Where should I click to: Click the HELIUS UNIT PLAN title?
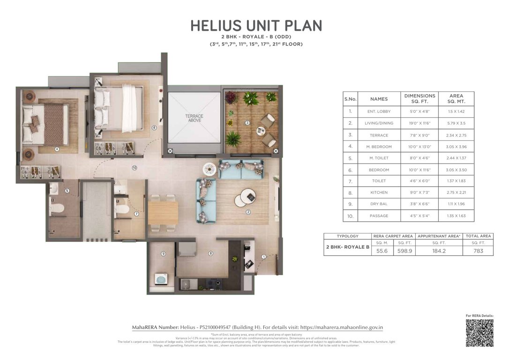[x=256, y=25]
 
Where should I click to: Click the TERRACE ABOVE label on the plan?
[x=194, y=117]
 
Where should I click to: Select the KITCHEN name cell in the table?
[x=379, y=192]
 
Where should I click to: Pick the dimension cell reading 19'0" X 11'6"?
[x=419, y=123]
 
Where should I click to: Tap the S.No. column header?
[x=350, y=99]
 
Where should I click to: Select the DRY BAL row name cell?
[x=379, y=204]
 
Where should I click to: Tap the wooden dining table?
[x=163, y=212]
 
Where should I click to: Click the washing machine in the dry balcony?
[x=161, y=280]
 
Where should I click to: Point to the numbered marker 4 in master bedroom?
[x=57, y=150]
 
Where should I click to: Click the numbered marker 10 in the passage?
[x=134, y=167]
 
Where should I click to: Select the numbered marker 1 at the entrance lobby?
[x=263, y=256]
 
